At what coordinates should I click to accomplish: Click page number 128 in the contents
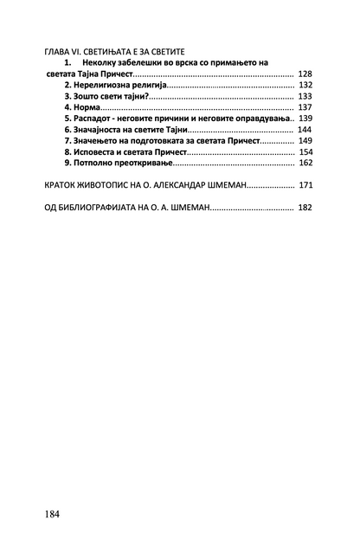305,75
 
